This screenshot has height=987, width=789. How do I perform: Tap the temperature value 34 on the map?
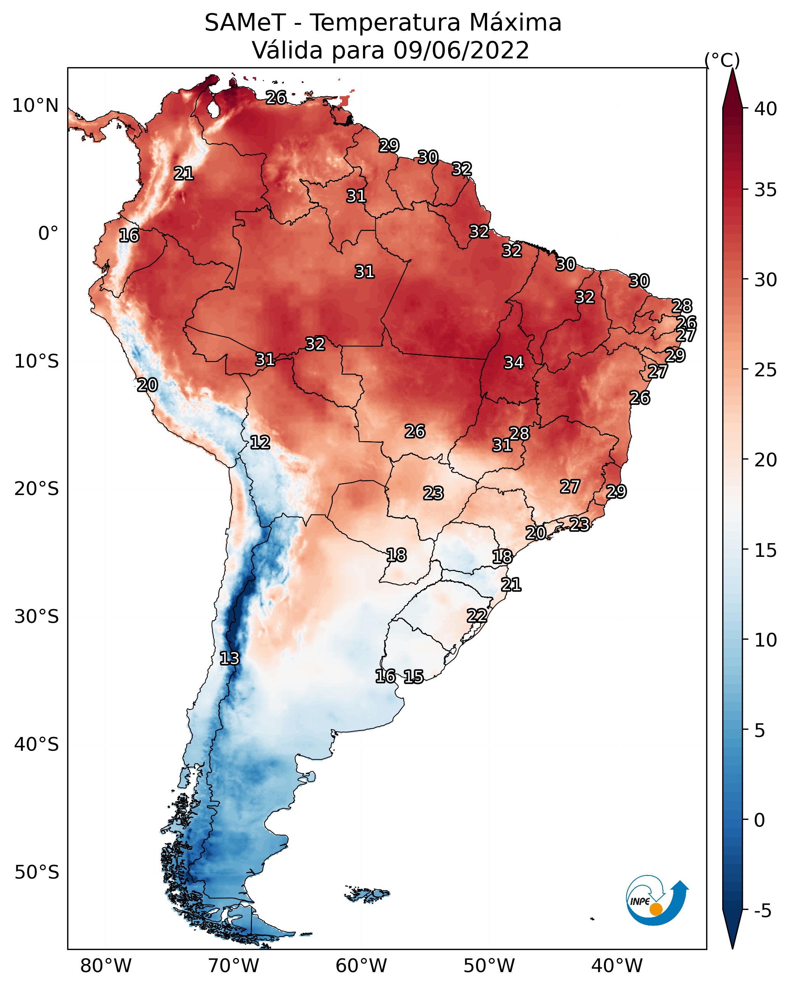(x=513, y=363)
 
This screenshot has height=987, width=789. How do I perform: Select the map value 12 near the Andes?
(x=260, y=442)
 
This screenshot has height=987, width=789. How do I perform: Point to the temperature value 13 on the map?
(x=229, y=658)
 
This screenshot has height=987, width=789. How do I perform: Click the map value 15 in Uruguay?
(x=413, y=677)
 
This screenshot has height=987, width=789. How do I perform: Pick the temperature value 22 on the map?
(x=477, y=616)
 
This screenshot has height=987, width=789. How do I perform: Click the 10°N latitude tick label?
(x=35, y=106)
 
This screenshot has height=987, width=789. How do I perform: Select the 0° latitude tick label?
(x=48, y=234)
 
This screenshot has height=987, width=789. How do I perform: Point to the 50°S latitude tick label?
(x=37, y=872)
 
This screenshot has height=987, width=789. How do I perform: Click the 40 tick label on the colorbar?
(x=766, y=109)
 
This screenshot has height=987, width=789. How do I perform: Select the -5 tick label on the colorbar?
(x=763, y=911)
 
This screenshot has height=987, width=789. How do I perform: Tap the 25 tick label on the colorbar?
(x=766, y=369)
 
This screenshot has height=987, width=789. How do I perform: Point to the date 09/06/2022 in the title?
(x=461, y=50)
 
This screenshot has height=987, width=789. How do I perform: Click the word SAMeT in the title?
(x=245, y=23)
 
